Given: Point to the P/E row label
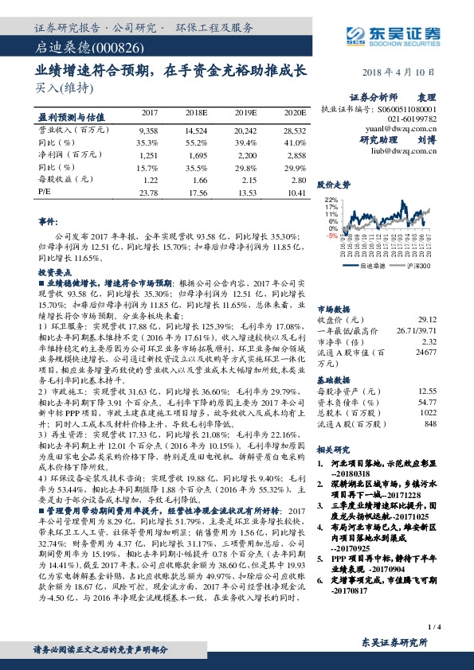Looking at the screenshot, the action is point(45,193).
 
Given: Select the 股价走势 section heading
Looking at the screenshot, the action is point(335,185).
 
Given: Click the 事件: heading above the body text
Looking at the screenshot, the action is point(49,220).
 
